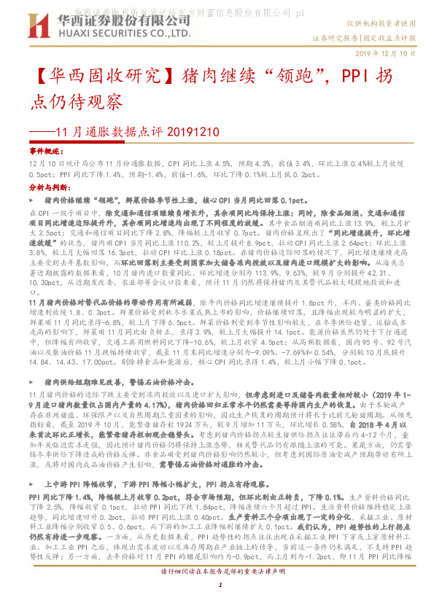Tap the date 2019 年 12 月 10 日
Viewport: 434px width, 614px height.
(386, 55)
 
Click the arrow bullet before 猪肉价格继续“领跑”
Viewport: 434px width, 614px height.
(36, 199)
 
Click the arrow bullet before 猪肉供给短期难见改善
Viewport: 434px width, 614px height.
(36, 402)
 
